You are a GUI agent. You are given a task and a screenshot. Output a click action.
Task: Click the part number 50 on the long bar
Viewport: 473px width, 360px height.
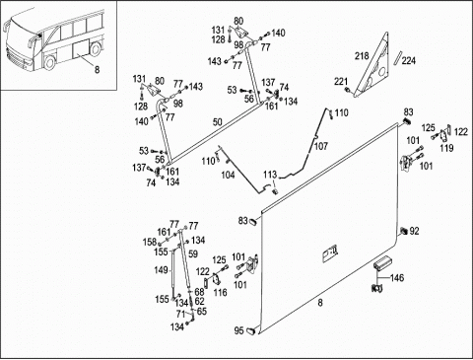click(218, 122)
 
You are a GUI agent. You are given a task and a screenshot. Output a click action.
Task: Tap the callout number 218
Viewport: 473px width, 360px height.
click(362, 56)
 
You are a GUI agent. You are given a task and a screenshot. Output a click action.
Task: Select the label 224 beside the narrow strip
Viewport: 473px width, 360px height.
click(408, 61)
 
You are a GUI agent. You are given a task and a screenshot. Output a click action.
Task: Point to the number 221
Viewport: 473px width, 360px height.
click(341, 82)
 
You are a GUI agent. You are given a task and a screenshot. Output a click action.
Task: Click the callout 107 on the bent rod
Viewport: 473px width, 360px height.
click(321, 146)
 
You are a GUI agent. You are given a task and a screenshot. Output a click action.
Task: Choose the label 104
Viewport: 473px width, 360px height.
click(228, 175)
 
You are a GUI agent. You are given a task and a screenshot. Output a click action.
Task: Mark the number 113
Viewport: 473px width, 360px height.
click(270, 175)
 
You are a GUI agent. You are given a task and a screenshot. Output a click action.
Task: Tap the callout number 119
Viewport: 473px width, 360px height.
click(446, 148)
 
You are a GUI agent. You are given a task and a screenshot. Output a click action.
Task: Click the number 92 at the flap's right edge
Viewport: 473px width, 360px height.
click(414, 231)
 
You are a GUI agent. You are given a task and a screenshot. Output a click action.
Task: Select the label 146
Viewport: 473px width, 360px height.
click(397, 278)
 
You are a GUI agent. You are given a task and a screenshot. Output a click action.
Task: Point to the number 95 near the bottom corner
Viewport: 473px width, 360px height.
click(239, 330)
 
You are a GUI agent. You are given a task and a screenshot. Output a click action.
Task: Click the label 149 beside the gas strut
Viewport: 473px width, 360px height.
click(161, 270)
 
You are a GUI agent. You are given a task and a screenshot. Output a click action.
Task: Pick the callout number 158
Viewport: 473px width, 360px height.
click(150, 242)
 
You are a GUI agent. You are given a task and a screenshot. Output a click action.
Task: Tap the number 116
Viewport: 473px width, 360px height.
click(220, 292)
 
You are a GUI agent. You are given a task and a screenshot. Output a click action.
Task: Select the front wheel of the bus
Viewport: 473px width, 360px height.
click(49, 62)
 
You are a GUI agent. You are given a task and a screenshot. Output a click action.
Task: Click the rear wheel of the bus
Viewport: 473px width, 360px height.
click(95, 48)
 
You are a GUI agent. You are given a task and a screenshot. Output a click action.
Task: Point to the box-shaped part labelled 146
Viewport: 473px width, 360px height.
click(381, 263)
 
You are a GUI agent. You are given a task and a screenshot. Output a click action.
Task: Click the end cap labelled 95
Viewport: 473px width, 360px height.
click(251, 330)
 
